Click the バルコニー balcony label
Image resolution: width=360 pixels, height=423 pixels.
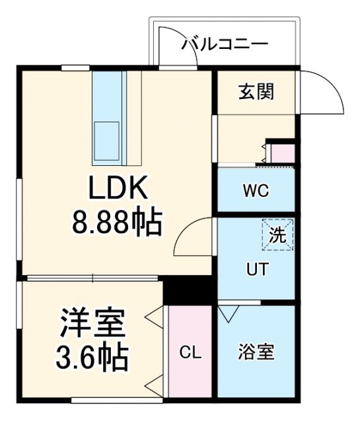[225, 45]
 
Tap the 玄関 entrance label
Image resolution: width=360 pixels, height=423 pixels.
[256, 91]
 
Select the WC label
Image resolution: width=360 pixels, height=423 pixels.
[255, 192]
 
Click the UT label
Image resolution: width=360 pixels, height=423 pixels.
[257, 270]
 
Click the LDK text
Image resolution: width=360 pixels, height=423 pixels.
[117, 192]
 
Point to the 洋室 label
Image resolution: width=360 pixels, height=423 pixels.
[92, 325]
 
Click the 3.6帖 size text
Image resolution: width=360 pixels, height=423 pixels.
[92, 358]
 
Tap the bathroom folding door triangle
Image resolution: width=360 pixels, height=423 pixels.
[230, 312]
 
